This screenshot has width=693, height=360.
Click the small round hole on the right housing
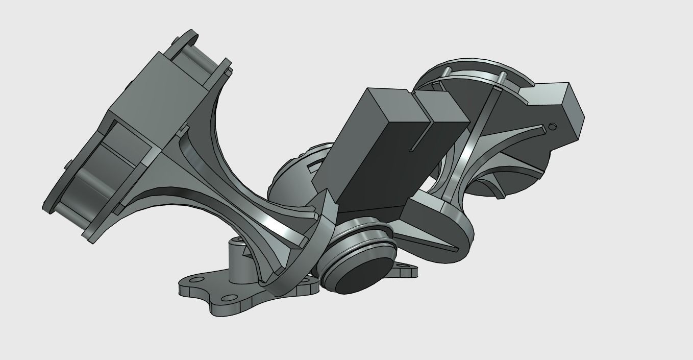(552, 126)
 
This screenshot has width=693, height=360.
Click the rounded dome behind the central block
(291, 176)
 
